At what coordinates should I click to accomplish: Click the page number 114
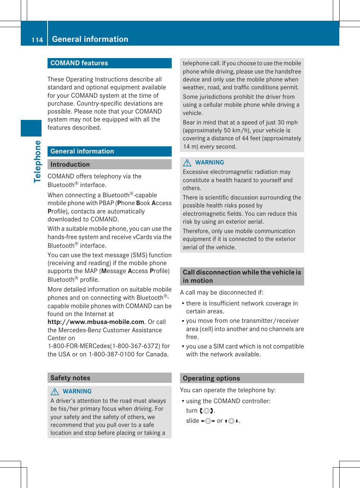[37, 40]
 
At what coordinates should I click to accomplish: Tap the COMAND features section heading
[79, 63]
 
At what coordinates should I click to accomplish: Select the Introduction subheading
[70, 164]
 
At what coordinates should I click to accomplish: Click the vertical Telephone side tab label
[37, 161]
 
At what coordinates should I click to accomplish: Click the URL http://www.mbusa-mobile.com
[96, 322]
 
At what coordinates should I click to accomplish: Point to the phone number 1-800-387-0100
[112, 354]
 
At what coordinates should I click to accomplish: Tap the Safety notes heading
[70, 378]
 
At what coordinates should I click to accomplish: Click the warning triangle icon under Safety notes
[55, 391]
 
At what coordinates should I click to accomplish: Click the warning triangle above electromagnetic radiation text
[187, 163]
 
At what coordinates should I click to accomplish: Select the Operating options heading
[211, 378]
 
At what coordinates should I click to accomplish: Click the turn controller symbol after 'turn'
[206, 411]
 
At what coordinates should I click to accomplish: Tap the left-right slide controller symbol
[208, 421]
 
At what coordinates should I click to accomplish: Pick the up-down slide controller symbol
[232, 421]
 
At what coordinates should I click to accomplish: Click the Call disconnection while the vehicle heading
[242, 276]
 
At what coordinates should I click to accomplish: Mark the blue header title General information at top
[90, 39]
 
